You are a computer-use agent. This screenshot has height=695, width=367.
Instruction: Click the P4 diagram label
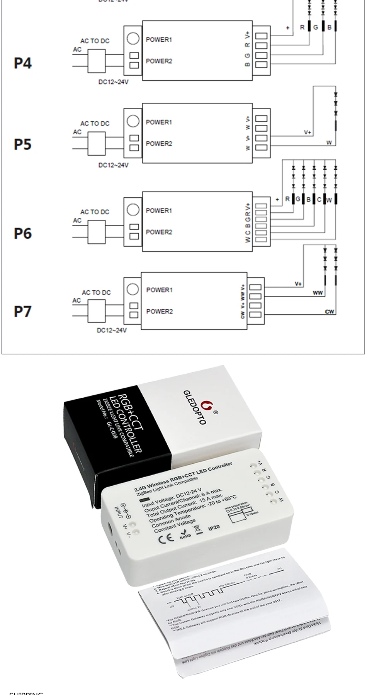point(23,63)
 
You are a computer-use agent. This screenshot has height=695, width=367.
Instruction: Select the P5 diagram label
point(23,144)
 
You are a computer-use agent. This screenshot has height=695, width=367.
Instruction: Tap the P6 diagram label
point(23,234)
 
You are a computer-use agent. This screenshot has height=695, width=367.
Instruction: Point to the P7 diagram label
point(23,311)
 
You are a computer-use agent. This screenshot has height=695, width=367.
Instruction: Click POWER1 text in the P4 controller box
point(159,39)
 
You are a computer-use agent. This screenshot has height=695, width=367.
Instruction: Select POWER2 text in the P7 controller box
point(159,311)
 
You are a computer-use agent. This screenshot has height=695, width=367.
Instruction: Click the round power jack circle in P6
point(133,210)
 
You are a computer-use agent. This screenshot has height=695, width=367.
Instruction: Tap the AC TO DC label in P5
point(95,124)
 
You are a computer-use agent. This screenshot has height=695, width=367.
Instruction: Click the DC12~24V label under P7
point(112,331)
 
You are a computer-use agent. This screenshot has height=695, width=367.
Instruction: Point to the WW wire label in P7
point(318,293)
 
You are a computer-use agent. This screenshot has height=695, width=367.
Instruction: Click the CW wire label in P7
point(329,312)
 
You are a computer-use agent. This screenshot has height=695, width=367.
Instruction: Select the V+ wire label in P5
point(308,132)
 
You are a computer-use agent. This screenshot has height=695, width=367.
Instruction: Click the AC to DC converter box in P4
point(97,61)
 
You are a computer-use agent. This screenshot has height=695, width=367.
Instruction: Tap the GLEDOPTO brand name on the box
point(195,407)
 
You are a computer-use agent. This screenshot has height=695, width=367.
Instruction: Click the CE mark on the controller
point(164,539)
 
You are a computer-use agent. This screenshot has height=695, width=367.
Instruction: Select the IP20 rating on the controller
point(214,527)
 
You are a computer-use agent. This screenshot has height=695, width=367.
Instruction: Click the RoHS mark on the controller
point(185,534)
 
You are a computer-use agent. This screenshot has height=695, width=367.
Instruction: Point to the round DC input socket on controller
point(110,529)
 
